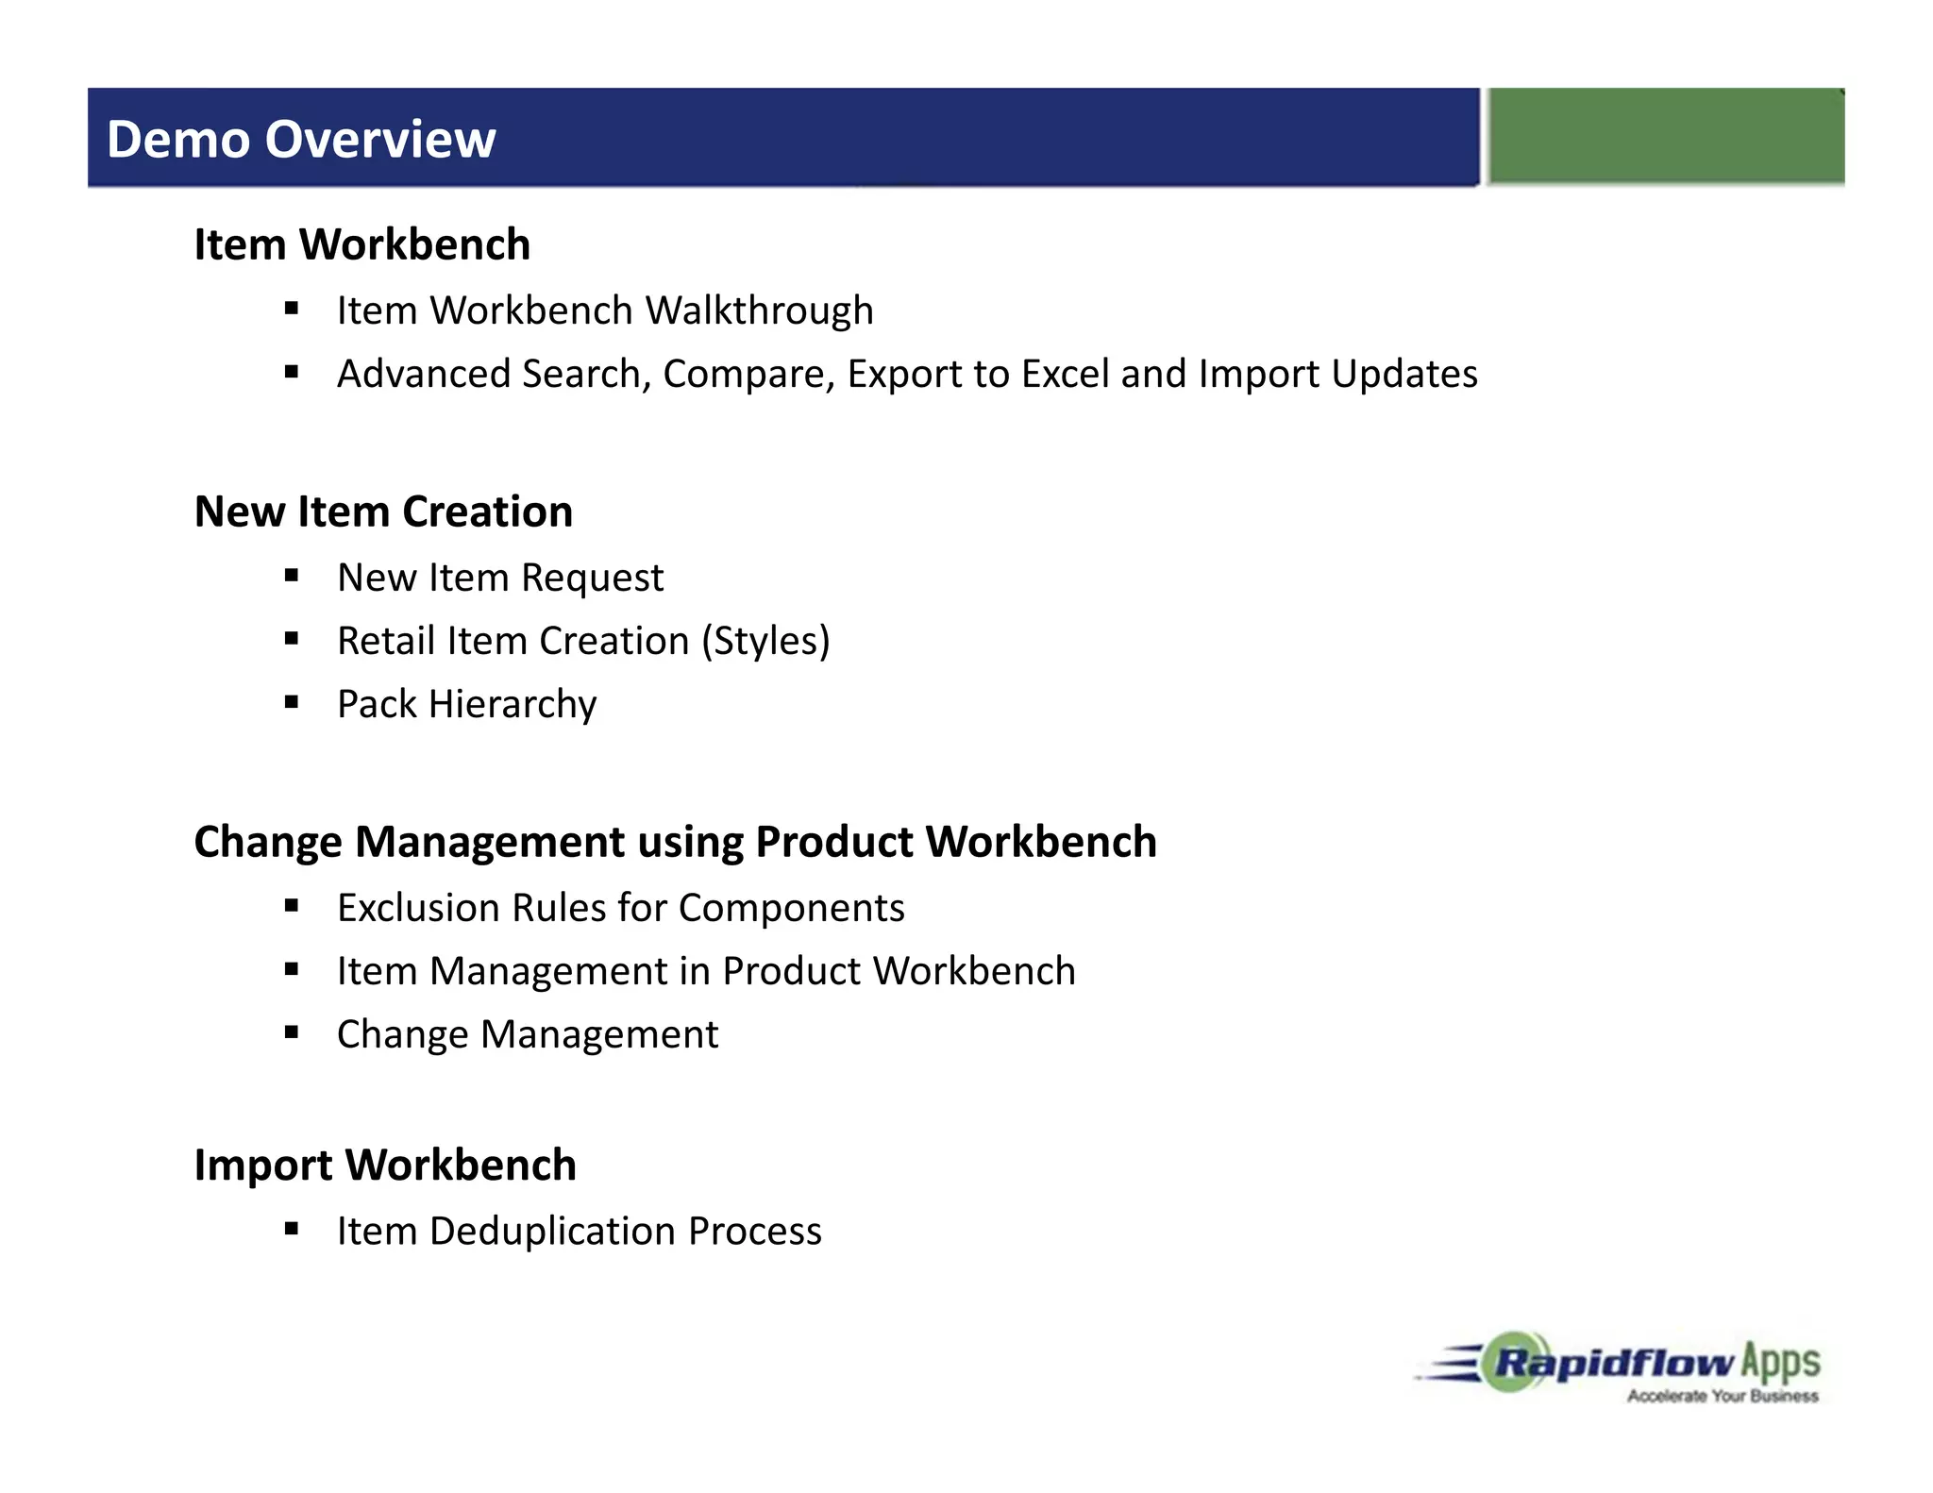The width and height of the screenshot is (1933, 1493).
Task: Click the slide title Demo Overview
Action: coord(300,140)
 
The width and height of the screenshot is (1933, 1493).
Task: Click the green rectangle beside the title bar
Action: coord(1666,136)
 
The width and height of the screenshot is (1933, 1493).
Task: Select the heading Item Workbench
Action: coord(361,244)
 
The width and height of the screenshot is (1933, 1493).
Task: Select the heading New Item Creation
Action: coord(383,512)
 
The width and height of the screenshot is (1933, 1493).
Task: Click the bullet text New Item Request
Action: coord(500,578)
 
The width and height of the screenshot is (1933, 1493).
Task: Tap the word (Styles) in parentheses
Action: coord(765,641)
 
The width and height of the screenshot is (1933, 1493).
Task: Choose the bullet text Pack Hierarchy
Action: coord(466,704)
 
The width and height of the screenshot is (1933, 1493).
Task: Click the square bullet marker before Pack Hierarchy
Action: coord(292,702)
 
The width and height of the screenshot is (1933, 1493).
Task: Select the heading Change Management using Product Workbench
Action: coord(675,842)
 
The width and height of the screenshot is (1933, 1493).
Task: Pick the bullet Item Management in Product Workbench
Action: coord(706,971)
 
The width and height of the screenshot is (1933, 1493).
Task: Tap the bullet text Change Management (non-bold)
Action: coord(528,1034)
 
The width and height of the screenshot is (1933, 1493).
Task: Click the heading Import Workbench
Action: coord(385,1166)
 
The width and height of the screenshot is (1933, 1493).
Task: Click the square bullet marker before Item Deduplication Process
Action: coord(292,1229)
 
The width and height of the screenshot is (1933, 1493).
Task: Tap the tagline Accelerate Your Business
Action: coord(1723,1396)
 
